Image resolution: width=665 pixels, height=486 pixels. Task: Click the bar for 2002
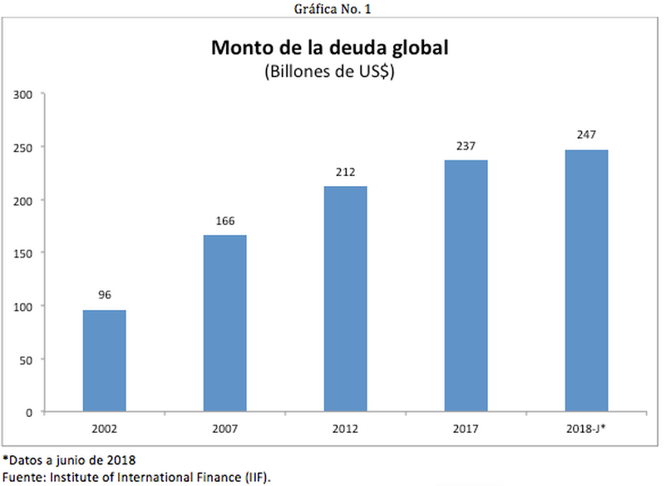pos(104,361)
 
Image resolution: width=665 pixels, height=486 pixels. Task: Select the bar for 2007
pos(224,323)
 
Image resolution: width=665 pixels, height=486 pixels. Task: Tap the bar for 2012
pos(345,299)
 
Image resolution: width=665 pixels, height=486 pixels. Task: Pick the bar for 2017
pos(466,286)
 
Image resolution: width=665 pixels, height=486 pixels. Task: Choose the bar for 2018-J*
pos(587,281)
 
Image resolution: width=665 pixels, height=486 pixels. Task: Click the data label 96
pos(104,295)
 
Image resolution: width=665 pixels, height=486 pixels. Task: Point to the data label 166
pos(224,221)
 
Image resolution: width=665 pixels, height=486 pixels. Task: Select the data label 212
pos(345,172)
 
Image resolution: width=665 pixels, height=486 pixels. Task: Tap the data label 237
pos(466,145)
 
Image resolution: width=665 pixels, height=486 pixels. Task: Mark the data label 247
pos(587,135)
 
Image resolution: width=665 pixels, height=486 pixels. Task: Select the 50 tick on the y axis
pos(27,360)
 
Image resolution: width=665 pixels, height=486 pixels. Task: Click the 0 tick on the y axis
pos(29,412)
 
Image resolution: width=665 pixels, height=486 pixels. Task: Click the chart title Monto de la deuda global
pos(330,47)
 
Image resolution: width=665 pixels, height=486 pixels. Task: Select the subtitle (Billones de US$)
pos(329,71)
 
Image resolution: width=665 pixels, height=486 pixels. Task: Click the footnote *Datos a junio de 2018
pos(69,459)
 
